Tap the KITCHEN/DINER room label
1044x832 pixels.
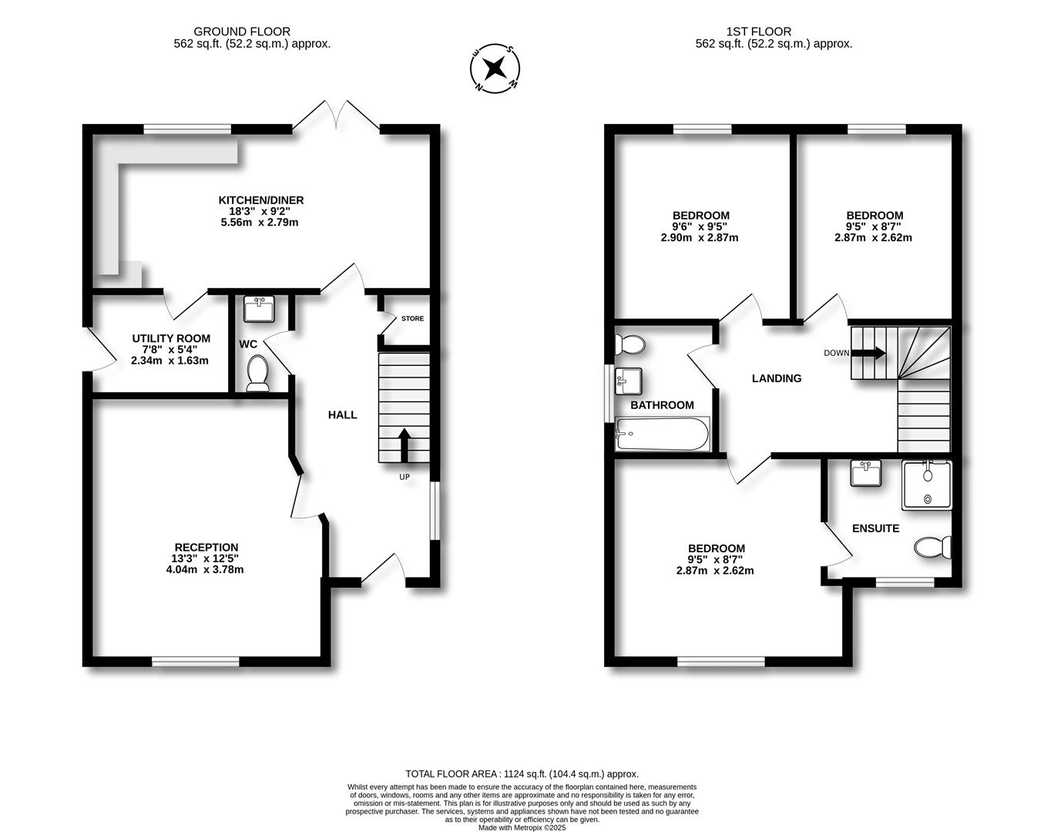tap(260, 200)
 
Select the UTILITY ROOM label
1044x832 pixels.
tap(171, 338)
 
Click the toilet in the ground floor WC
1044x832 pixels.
tap(257, 373)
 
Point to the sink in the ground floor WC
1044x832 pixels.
tap(260, 309)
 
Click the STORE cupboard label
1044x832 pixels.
tap(412, 318)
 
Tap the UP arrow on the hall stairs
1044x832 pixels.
tap(404, 445)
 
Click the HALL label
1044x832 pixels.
tap(342, 414)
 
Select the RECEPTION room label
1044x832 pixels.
tap(206, 548)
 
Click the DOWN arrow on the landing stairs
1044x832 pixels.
tap(868, 354)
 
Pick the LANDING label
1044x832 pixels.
tap(777, 378)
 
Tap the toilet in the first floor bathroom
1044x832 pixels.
tap(631, 344)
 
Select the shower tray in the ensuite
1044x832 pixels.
tap(928, 485)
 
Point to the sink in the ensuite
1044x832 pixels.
tap(868, 473)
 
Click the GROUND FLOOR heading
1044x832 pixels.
tap(242, 32)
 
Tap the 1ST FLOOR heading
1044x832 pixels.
tap(758, 32)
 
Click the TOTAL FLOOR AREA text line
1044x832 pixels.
tap(522, 773)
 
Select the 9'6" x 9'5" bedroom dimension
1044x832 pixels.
tap(700, 226)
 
